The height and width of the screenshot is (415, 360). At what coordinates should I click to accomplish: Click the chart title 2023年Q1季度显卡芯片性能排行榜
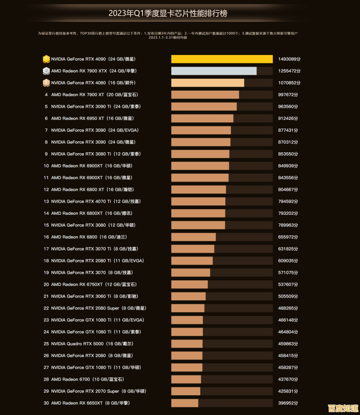click(168, 14)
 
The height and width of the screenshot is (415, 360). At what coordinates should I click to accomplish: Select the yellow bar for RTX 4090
click(222, 59)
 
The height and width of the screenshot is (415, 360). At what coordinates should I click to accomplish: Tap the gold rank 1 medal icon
click(46, 59)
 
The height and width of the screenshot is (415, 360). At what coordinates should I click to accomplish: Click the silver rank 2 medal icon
click(46, 71)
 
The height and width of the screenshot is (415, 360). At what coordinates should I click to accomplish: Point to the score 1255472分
click(289, 71)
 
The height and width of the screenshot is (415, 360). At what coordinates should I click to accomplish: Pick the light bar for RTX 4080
click(208, 83)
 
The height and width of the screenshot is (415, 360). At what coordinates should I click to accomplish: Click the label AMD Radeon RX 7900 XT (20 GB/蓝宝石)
click(94, 95)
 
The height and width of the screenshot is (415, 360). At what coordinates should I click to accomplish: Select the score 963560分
click(288, 107)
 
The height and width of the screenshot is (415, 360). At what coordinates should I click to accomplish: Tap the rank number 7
click(46, 130)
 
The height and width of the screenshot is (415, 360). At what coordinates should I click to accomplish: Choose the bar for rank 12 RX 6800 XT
click(199, 190)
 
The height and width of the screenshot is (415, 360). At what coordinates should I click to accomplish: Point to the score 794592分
click(288, 202)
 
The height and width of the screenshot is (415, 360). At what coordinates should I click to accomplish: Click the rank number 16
click(46, 237)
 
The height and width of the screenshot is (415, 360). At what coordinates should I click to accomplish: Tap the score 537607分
click(288, 285)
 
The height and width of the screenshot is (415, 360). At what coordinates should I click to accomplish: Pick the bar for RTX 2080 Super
click(188, 308)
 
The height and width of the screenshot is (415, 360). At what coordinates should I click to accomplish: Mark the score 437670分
click(288, 380)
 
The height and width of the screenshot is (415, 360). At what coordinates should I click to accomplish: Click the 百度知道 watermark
click(343, 408)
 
